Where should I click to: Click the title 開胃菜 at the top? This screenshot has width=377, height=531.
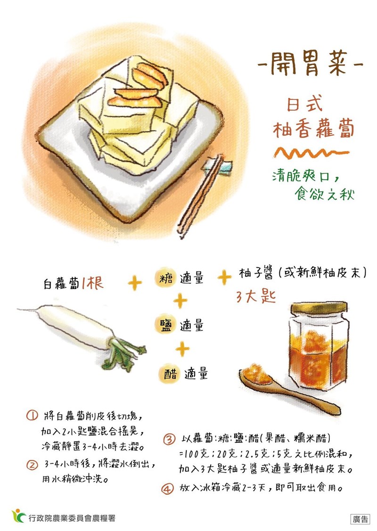[309, 64]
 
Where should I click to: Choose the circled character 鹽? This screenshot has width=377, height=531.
[165, 326]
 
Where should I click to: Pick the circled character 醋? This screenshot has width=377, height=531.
[169, 374]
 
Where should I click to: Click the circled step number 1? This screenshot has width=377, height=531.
[32, 416]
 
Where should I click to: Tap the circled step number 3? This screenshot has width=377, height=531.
[169, 439]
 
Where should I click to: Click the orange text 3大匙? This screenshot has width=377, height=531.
[256, 297]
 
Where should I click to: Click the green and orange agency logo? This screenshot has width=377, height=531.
[19, 516]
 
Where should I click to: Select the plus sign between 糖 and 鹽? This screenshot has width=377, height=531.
[180, 301]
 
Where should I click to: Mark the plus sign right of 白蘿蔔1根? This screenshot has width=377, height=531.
[135, 283]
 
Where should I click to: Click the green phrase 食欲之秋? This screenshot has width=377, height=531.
[324, 194]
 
